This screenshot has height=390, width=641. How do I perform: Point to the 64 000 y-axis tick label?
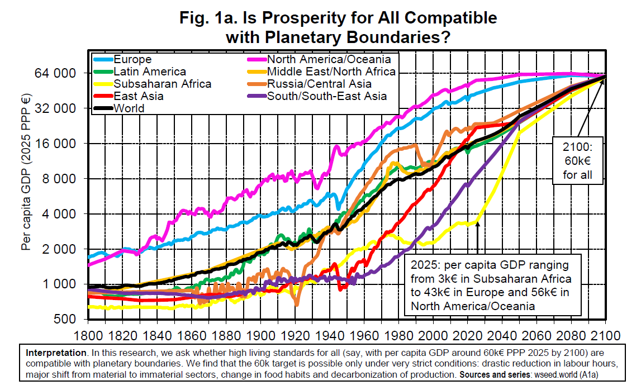click(x=56, y=73)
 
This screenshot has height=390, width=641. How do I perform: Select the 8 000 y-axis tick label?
click(x=60, y=179)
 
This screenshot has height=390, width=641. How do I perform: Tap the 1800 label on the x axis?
click(x=88, y=336)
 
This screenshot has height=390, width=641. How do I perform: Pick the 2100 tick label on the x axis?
click(x=606, y=336)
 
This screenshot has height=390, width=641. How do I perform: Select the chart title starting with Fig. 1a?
click(x=338, y=27)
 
